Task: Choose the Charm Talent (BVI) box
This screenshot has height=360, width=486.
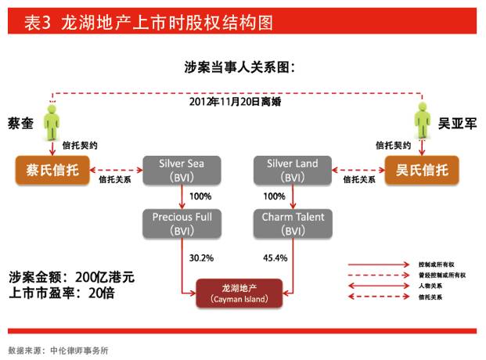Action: (x=291, y=223)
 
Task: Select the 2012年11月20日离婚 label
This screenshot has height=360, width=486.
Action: (x=234, y=102)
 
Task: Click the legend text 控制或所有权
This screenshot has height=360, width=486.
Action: (x=437, y=265)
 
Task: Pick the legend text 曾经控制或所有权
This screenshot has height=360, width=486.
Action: (x=442, y=275)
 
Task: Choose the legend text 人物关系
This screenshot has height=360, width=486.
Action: (x=433, y=286)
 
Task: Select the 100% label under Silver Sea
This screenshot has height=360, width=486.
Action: (x=199, y=196)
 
